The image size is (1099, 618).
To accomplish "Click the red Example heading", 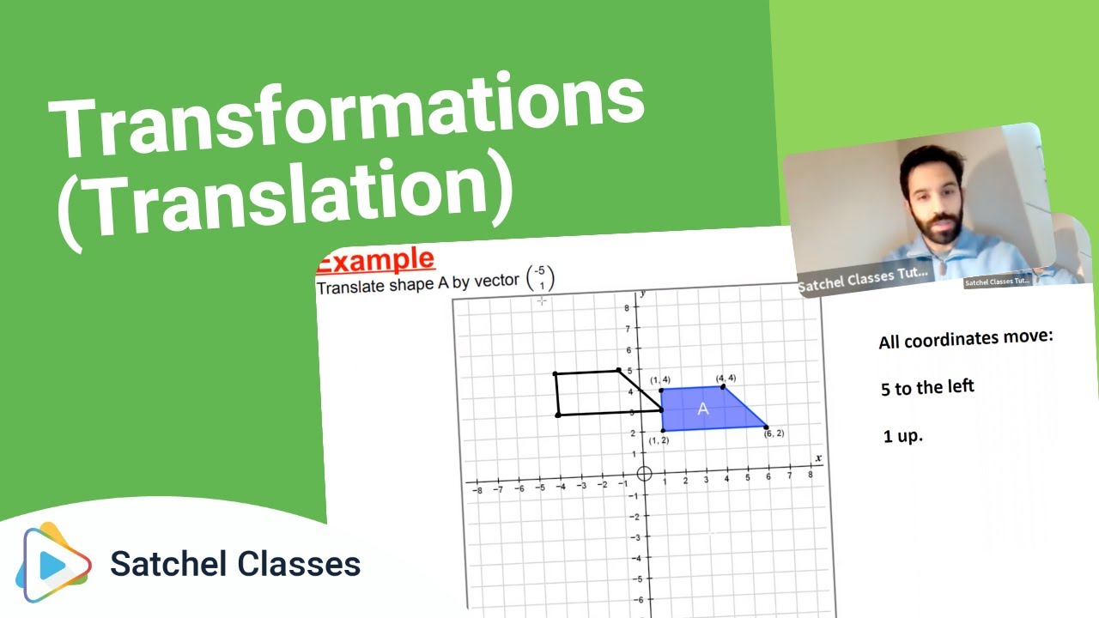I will coord(375,260).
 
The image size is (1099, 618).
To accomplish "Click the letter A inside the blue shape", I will coord(703,409).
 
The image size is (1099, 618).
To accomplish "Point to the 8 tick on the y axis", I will coord(628,308).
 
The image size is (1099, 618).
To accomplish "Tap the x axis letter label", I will coord(817,458).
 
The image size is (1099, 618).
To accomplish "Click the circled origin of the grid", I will coord(646,473).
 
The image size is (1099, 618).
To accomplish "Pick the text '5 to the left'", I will coord(927,387).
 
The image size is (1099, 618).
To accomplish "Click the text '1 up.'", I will coord(902,436).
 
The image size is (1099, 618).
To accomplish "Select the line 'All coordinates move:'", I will coord(965,339).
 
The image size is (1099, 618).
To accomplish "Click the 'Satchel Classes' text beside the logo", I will coord(235,564).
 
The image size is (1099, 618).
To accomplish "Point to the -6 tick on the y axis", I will coord(635,598).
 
